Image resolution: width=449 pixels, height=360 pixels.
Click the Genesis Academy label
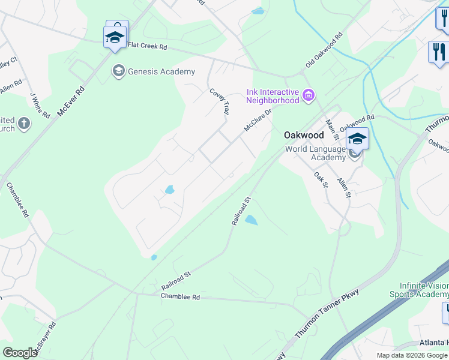(161, 71)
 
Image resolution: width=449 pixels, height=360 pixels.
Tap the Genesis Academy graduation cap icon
(118, 71)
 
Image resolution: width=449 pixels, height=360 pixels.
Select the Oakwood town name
(304, 136)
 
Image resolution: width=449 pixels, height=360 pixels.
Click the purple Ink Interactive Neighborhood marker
(309, 95)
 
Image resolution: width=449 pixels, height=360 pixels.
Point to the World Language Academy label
(315, 153)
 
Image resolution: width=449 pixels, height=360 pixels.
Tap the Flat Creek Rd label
(147, 45)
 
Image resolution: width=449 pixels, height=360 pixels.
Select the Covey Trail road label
(220, 101)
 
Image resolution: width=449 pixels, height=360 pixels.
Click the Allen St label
(344, 187)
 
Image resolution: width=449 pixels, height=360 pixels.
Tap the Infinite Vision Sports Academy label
(424, 290)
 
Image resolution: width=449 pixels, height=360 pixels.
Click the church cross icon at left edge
(23, 124)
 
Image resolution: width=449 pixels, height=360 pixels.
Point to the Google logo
(20, 352)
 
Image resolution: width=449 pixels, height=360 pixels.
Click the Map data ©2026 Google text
(411, 355)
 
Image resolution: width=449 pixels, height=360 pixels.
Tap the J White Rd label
(40, 105)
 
